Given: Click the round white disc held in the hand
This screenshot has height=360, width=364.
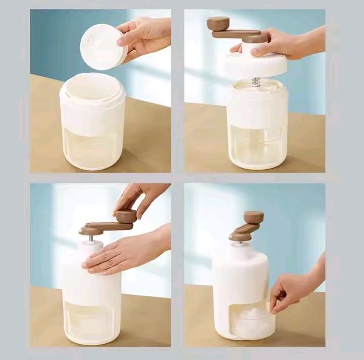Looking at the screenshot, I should tap(101, 46).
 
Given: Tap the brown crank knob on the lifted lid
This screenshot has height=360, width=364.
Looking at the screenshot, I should tap(218, 23).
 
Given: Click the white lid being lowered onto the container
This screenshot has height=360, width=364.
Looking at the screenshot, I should tap(255, 65).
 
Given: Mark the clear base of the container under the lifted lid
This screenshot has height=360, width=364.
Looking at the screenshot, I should tap(257, 146).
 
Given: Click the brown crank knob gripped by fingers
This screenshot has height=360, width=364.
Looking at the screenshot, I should tap(126, 217).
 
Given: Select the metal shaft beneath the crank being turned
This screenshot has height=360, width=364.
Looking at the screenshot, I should tap(92, 237).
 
